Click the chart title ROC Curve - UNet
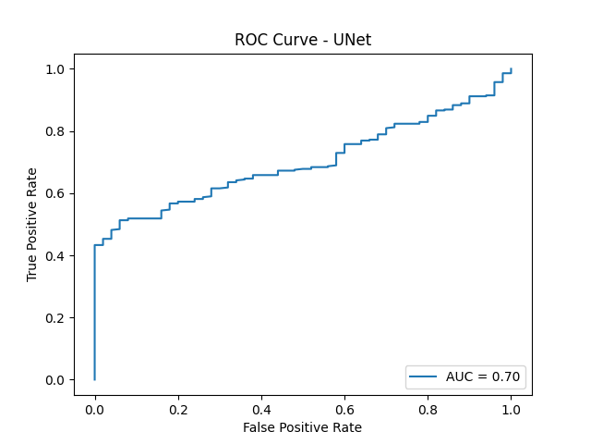(302, 40)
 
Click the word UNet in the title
(351, 40)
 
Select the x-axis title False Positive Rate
(302, 427)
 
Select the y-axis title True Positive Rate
(32, 225)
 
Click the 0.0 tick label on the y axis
(56, 380)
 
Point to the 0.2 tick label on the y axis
(56, 318)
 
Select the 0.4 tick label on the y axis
(56, 255)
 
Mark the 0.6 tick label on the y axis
(56, 193)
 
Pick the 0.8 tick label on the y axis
(56, 131)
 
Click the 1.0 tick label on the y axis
(56, 69)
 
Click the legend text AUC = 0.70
(483, 376)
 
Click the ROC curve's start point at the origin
(94, 379)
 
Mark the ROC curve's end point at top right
(511, 69)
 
